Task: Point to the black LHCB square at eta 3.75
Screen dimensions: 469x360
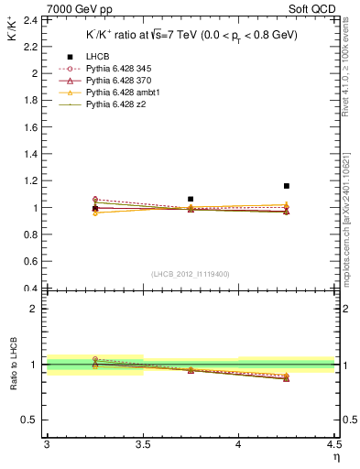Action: tap(191, 199)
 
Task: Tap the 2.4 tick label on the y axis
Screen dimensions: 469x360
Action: tap(29, 19)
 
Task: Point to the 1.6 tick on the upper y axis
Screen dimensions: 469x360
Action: tap(29, 126)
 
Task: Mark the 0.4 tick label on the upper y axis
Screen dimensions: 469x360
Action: tap(29, 289)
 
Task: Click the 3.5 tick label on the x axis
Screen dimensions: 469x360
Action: tap(142, 445)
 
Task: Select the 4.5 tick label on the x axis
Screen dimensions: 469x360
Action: tap(333, 445)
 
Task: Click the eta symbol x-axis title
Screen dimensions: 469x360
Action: tap(335, 457)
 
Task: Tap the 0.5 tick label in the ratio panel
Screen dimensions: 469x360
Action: tap(30, 420)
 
